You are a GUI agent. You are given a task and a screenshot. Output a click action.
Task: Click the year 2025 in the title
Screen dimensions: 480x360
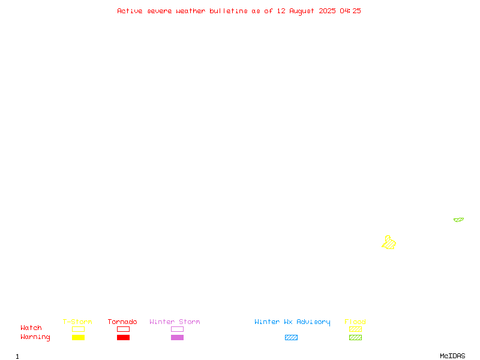[x=327, y=11]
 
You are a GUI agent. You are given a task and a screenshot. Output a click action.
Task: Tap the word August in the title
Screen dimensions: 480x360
[x=302, y=11]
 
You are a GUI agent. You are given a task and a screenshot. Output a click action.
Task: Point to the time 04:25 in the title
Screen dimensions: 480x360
[x=350, y=11]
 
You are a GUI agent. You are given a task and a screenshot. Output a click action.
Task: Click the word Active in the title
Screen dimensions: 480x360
[x=130, y=11]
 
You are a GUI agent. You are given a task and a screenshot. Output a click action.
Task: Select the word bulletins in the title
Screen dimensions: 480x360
[x=229, y=11]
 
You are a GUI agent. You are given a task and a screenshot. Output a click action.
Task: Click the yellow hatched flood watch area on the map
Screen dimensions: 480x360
[x=389, y=242]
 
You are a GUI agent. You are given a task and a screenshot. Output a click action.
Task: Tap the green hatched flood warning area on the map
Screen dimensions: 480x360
[x=458, y=220]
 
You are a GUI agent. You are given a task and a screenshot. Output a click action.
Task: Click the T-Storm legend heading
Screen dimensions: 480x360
[x=77, y=322]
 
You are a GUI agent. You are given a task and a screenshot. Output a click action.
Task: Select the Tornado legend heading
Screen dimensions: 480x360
[x=122, y=322]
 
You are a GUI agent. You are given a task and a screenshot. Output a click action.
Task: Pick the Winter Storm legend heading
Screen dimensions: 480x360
[x=175, y=322]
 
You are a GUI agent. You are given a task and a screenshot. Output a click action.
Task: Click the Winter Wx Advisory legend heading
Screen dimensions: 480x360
[x=292, y=322]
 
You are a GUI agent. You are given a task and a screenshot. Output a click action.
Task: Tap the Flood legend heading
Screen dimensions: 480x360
[x=355, y=322]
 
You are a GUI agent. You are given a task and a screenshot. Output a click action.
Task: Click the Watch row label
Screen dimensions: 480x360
[x=31, y=328]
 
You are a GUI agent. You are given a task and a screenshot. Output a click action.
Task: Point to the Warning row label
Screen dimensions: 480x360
[x=35, y=337]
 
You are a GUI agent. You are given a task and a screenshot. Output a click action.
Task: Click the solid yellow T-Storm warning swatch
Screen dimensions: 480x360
[x=79, y=337]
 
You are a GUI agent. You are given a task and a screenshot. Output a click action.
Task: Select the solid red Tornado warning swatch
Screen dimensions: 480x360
[x=124, y=337]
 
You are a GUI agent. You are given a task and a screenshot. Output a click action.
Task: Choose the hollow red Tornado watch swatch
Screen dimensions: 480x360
[x=124, y=326]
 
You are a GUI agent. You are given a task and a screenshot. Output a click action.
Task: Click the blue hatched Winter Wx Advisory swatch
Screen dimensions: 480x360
[x=291, y=337]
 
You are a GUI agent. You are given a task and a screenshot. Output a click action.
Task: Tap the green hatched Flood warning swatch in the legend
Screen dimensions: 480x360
[x=355, y=337]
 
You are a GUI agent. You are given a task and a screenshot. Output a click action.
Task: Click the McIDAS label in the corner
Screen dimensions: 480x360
[x=452, y=356]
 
